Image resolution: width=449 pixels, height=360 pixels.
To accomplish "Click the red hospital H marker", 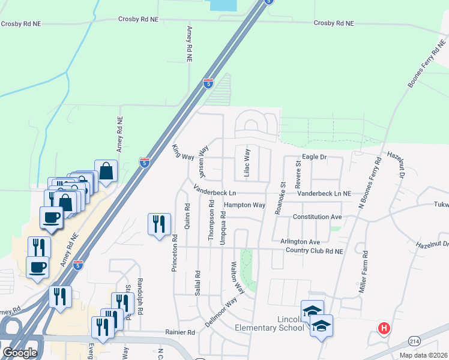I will pyautogui.click(x=384, y=328).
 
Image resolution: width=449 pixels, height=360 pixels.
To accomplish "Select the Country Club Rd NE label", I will pyautogui.click(x=314, y=250).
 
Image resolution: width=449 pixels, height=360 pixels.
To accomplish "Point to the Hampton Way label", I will pyautogui.click(x=244, y=205).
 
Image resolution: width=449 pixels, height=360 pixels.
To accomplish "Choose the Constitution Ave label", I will pyautogui.click(x=317, y=217).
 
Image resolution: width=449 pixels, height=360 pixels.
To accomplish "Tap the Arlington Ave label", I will pyautogui.click(x=300, y=241).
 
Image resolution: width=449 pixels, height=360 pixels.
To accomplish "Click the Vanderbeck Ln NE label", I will pyautogui.click(x=324, y=193).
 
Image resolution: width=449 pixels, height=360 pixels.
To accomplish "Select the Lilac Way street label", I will pyautogui.click(x=247, y=163).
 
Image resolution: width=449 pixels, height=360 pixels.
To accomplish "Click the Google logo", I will pyautogui.click(x=20, y=353).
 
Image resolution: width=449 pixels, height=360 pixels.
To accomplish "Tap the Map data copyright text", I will pyautogui.click(x=424, y=355).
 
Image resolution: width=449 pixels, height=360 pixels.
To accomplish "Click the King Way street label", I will pyautogui.click(x=183, y=152).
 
